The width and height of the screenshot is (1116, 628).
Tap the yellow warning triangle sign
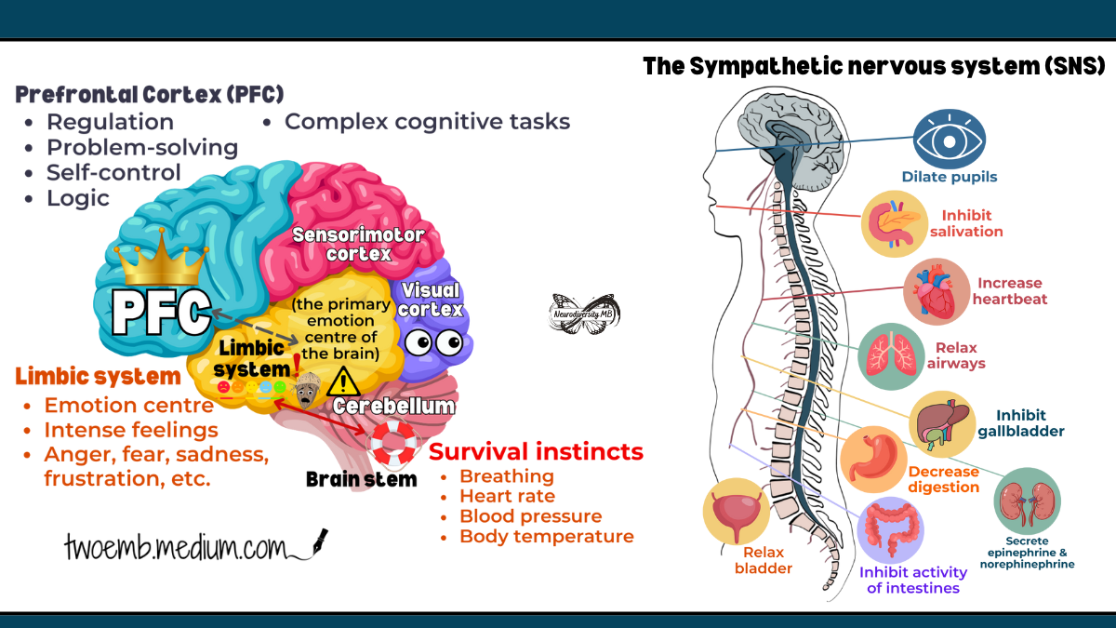pyautogui.click(x=343, y=382)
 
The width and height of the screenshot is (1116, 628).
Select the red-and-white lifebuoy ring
pyautogui.click(x=393, y=443)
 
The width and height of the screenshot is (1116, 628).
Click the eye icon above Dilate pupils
pyautogui.click(x=950, y=140)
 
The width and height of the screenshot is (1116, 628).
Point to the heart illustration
pyautogui.click(x=937, y=291)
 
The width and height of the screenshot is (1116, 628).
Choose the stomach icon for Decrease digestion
pyautogui.click(x=873, y=459)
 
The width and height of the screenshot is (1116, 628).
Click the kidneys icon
pyautogui.click(x=1027, y=501)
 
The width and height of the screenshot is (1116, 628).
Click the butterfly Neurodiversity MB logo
pyautogui.click(x=584, y=314)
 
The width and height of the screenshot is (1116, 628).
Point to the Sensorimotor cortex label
pyautogui.click(x=358, y=244)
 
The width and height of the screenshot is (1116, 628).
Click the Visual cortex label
pyautogui.click(x=431, y=300)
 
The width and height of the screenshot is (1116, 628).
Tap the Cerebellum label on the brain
pyautogui.click(x=393, y=407)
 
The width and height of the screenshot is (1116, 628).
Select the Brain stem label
pyautogui.click(x=361, y=479)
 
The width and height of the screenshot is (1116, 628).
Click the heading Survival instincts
pyautogui.click(x=536, y=451)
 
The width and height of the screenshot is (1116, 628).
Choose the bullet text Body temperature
pyautogui.click(x=547, y=536)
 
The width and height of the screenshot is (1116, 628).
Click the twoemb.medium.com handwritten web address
pyautogui.click(x=196, y=546)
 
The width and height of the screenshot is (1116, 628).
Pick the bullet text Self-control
pyautogui.click(x=113, y=172)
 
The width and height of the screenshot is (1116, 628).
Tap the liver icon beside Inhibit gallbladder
pyautogui.click(x=941, y=424)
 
